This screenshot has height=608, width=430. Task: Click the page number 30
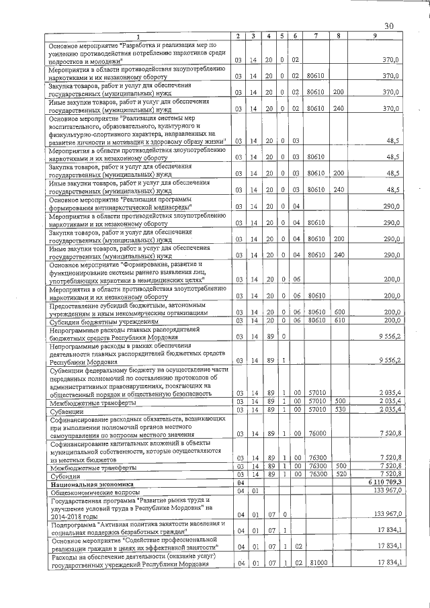[388, 26]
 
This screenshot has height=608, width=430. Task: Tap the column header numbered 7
[315, 35]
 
